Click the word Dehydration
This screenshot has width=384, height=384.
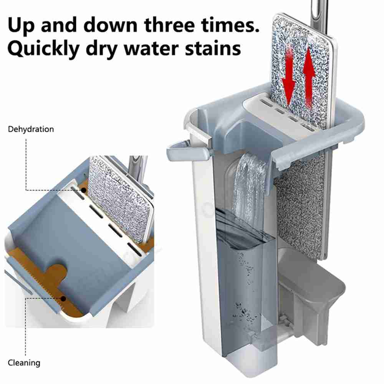(x=31, y=129)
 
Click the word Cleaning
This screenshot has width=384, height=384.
(x=24, y=363)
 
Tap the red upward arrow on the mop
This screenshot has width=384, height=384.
(x=309, y=78)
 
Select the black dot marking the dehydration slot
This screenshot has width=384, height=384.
(x=84, y=190)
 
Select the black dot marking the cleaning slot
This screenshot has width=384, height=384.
(x=63, y=299)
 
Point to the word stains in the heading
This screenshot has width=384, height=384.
(x=213, y=48)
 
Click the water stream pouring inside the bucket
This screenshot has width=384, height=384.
(x=250, y=189)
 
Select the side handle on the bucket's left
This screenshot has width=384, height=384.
(x=188, y=150)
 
